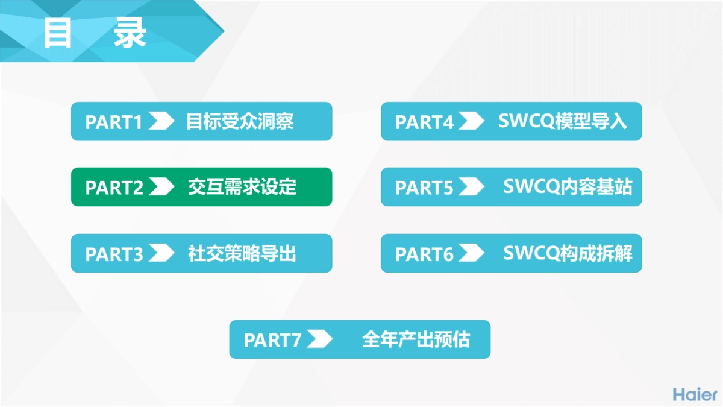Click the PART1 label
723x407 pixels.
[x=114, y=122]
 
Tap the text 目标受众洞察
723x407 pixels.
[x=240, y=122]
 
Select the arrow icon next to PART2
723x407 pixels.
[x=161, y=188]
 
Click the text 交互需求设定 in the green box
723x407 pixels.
[x=242, y=188]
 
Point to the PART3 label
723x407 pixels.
[x=114, y=254]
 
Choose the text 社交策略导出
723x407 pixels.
[x=242, y=254]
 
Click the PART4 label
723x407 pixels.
[x=424, y=122]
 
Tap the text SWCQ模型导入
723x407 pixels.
[x=562, y=122]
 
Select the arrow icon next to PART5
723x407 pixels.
[x=471, y=188]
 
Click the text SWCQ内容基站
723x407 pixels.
[x=568, y=188]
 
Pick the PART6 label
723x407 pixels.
[x=424, y=254]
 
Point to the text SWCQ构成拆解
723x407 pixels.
[x=568, y=254]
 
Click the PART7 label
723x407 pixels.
[x=272, y=340]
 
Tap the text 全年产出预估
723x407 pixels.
[x=416, y=340]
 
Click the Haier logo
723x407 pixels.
[x=695, y=394]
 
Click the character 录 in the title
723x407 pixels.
[x=130, y=34]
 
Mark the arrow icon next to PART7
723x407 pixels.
[x=319, y=339]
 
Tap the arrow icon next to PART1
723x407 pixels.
[x=161, y=121]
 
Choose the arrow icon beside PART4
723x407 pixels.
[x=471, y=121]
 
